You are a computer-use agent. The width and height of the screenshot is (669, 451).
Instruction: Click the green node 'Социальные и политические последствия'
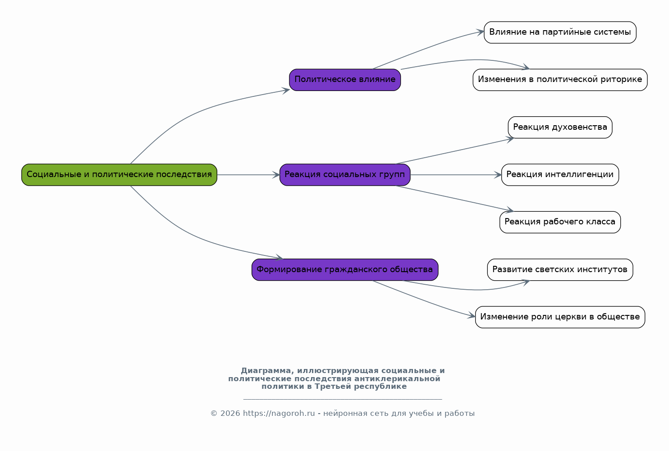119,175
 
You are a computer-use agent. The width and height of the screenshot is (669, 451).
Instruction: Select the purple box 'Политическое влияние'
345,80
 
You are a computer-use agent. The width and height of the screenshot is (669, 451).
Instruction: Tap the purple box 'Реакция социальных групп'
345,175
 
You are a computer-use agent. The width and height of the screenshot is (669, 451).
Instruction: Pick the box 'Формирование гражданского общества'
345,269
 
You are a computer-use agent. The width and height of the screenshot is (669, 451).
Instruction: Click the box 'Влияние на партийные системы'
560,32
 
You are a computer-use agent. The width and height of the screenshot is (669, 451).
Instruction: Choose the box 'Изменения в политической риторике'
560,80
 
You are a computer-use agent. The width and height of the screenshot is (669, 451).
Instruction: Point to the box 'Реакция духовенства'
560,127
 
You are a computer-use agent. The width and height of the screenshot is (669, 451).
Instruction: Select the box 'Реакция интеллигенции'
560,175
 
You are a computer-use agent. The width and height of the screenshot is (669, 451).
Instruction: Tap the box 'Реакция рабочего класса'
560,222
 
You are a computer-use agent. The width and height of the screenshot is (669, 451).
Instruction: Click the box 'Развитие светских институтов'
560,269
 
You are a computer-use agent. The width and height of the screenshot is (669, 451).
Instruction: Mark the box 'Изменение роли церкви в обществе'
560,317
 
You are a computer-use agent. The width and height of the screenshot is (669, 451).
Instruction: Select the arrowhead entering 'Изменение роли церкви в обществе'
472,315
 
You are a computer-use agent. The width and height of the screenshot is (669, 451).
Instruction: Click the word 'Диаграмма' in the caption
266,371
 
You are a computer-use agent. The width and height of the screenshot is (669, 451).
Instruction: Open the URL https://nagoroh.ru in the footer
279,414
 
